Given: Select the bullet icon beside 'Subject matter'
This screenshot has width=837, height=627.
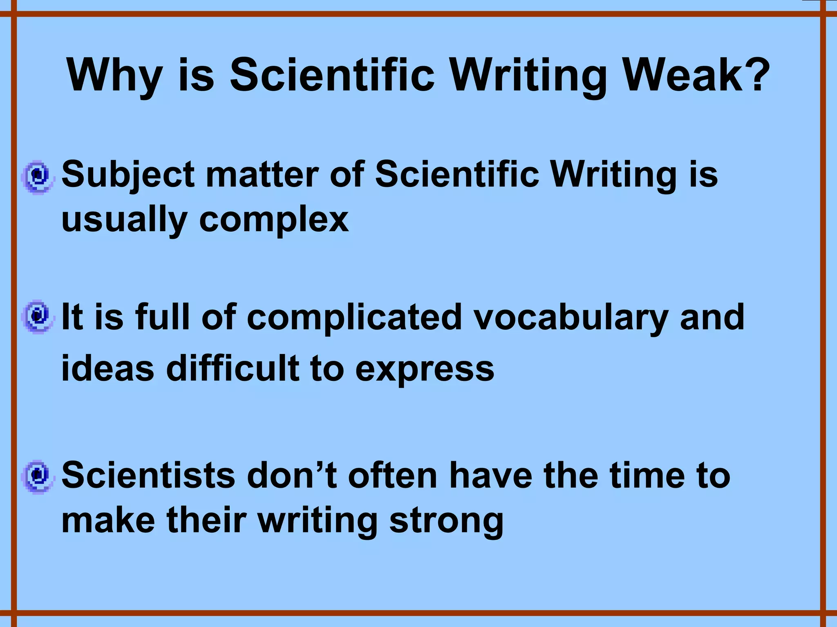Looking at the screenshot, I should point(38,177).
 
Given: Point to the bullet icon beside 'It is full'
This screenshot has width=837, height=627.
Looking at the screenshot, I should point(38,317).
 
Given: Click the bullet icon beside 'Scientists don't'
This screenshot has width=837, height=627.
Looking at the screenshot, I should point(38,476).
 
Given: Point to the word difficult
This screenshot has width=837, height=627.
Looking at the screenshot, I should point(233,369).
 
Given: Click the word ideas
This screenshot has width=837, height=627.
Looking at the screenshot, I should point(108,369).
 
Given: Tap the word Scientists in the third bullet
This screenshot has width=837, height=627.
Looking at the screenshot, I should point(148,476).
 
